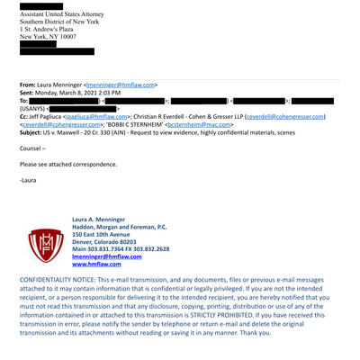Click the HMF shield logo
(x=40, y=242)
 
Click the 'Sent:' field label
(x=30, y=92)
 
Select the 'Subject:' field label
(x=35, y=132)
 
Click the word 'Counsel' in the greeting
(x=32, y=148)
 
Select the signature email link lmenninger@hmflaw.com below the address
(x=107, y=256)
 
